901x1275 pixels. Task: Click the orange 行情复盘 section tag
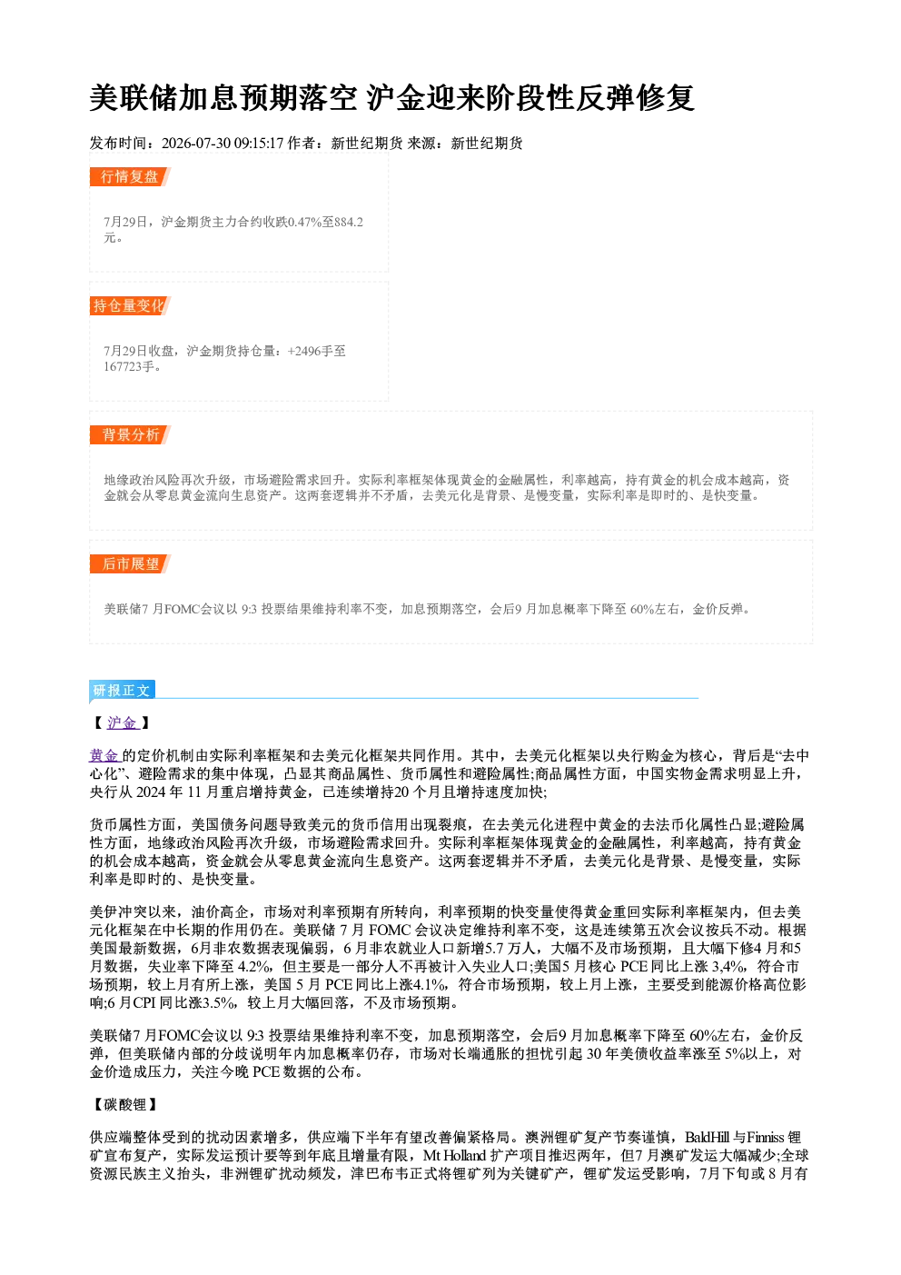coord(130,176)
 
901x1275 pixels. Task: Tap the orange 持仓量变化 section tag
coord(130,305)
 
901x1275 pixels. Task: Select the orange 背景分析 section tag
coord(130,435)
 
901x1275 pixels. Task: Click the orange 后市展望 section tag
coord(130,564)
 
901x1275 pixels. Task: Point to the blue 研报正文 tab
coord(123,691)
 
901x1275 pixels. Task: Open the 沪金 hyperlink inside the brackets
coord(122,722)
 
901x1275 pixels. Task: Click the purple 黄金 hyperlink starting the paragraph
coord(104,755)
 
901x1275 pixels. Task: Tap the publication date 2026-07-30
coord(195,144)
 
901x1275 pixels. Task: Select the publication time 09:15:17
coord(259,144)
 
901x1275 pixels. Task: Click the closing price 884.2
coord(349,222)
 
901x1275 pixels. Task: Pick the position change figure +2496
coord(305,351)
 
